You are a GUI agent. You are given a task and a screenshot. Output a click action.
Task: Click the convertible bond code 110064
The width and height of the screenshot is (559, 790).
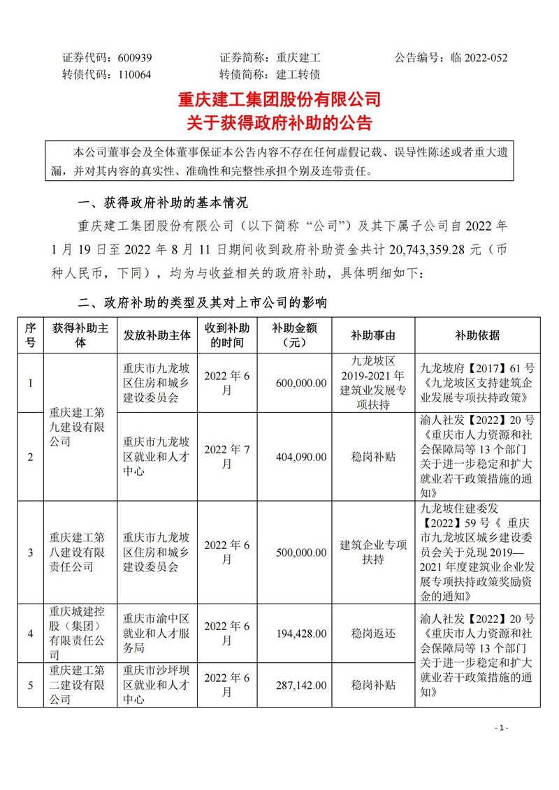pyautogui.click(x=134, y=75)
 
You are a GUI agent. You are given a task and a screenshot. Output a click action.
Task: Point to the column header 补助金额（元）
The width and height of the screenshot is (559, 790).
pyautogui.click(x=292, y=335)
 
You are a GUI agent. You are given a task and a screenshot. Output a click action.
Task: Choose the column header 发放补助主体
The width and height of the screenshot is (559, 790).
pyautogui.click(x=156, y=335)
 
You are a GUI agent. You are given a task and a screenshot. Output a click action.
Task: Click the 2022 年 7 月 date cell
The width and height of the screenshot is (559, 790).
pyautogui.click(x=226, y=457)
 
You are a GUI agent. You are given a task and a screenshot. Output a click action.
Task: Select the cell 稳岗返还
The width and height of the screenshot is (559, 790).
pyautogui.click(x=373, y=634)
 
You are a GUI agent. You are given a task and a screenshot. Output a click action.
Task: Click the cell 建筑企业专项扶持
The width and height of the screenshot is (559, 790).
pyautogui.click(x=373, y=553)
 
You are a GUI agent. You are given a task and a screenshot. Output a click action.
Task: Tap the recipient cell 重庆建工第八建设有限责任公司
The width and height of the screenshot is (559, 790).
pyautogui.click(x=77, y=553)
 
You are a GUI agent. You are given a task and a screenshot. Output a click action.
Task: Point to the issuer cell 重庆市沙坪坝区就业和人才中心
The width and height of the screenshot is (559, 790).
pyautogui.click(x=156, y=685)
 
